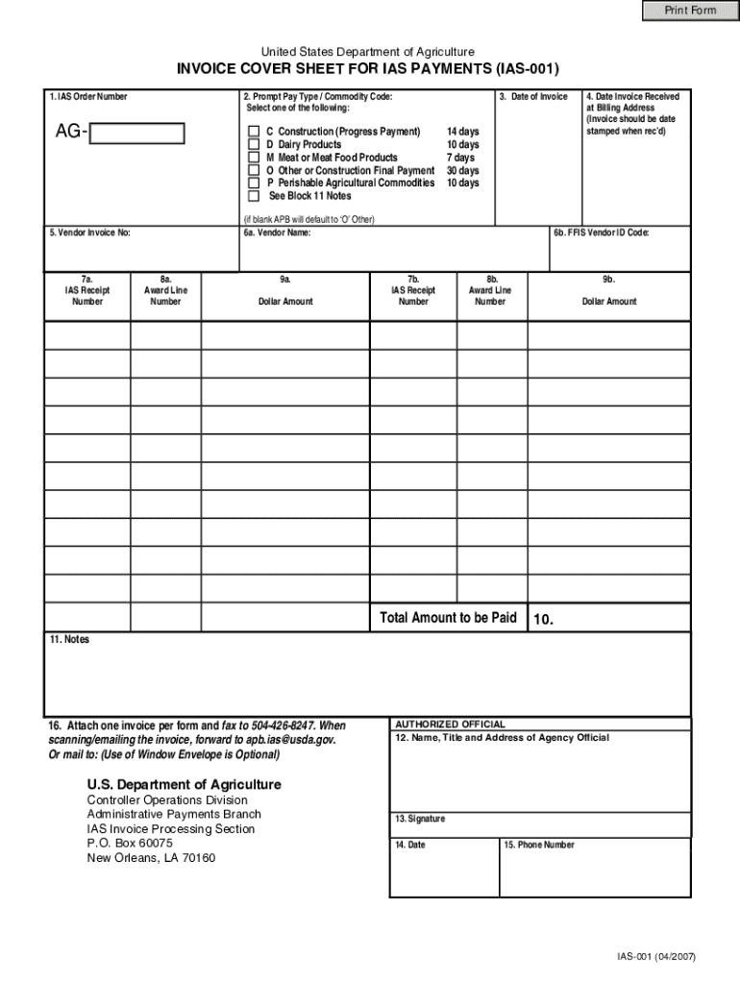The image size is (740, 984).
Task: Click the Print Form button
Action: [x=691, y=11]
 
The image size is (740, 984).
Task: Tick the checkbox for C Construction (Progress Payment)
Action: [x=254, y=131]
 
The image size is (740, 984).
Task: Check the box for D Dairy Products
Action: [x=254, y=144]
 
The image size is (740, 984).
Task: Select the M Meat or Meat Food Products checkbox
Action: [x=254, y=157]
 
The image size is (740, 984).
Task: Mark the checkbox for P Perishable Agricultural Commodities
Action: [x=254, y=183]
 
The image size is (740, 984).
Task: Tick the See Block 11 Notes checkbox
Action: [x=254, y=196]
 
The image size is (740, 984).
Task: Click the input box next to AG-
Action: [x=136, y=133]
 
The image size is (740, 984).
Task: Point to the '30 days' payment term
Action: [x=462, y=170]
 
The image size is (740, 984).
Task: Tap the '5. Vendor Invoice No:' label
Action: [x=89, y=233]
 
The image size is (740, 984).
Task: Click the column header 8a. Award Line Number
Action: [x=165, y=290]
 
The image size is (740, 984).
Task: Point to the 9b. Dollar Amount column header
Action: [x=608, y=290]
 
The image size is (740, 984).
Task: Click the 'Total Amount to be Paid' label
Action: [x=448, y=618]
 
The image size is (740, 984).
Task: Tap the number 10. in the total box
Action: [x=543, y=620]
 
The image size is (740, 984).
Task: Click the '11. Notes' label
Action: [x=69, y=639]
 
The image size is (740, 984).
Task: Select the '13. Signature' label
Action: [x=420, y=819]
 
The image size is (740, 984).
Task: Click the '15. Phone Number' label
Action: [x=539, y=845]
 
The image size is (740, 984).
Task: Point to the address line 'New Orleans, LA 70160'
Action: [x=151, y=857]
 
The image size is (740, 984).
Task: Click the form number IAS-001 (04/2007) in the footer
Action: [x=656, y=957]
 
